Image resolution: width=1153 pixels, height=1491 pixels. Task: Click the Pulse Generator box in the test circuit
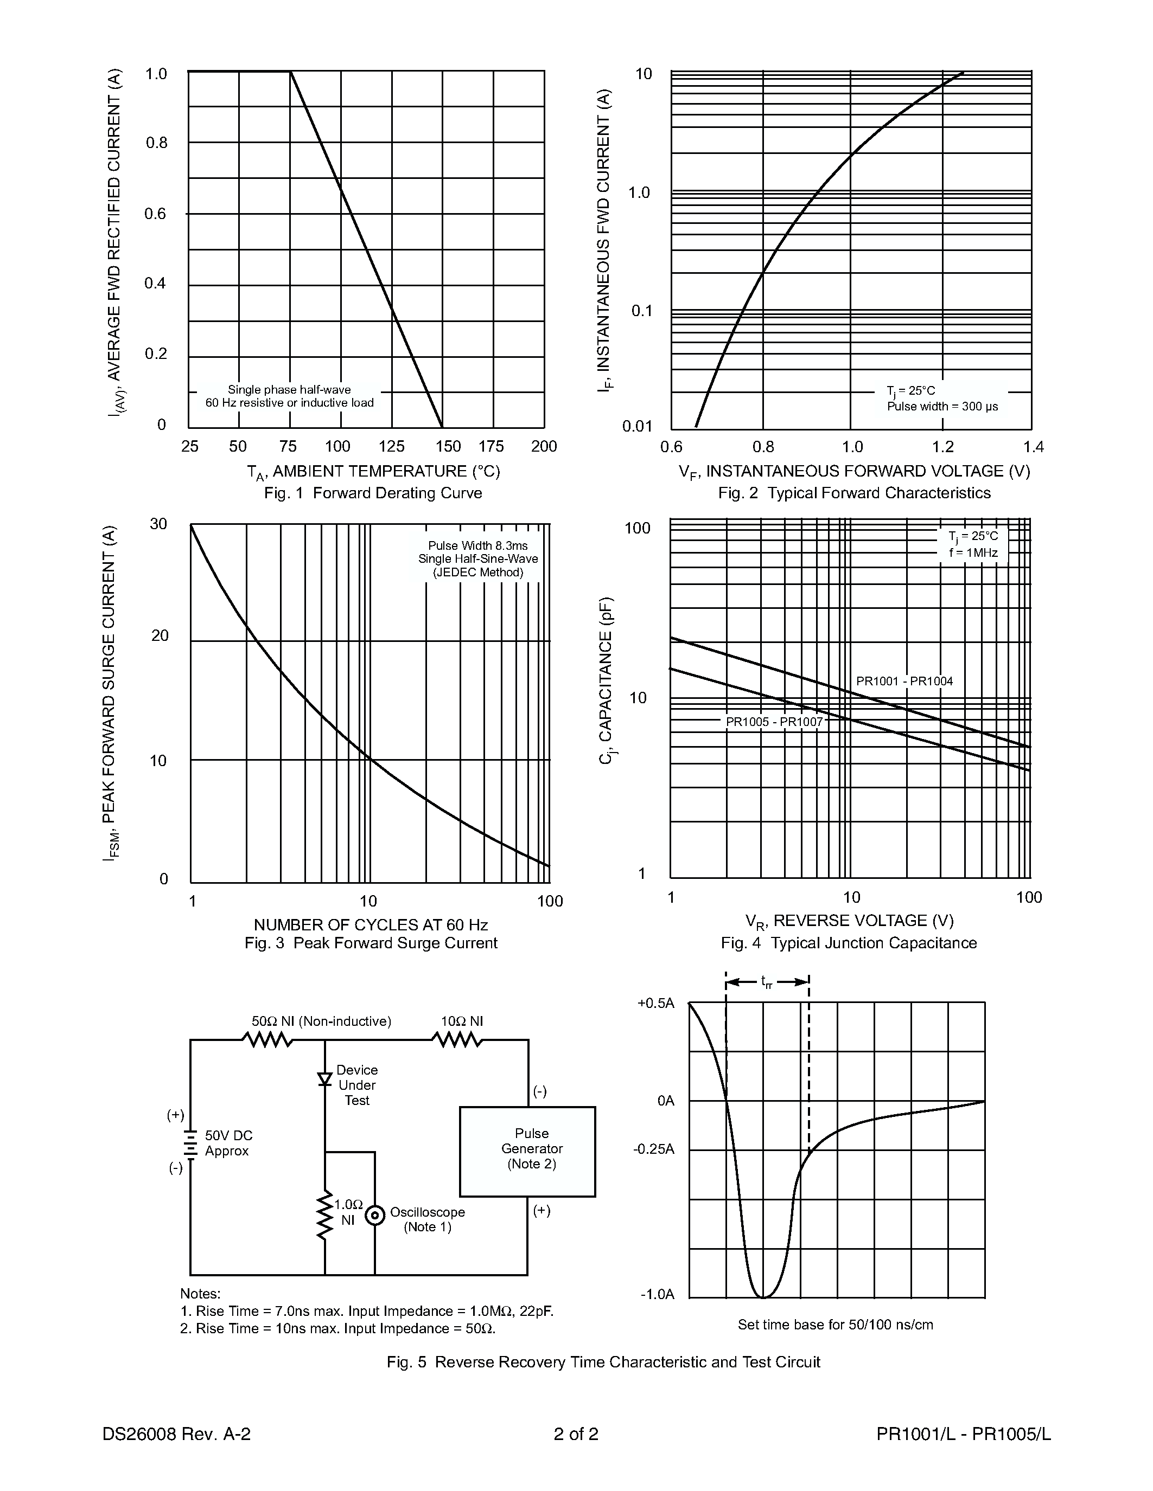(527, 1151)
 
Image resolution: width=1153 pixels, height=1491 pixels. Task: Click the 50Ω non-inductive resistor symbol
(267, 1040)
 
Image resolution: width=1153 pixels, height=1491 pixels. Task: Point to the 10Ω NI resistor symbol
(457, 1040)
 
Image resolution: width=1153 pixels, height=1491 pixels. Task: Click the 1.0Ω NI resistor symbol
(325, 1216)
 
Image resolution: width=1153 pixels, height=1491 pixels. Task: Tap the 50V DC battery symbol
(190, 1141)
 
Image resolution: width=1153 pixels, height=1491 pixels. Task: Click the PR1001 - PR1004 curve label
(904, 680)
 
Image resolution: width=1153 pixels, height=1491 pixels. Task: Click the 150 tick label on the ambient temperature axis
(448, 446)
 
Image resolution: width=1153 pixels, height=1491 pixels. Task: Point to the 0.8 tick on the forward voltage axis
(763, 447)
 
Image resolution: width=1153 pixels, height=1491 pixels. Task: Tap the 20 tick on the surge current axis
(159, 635)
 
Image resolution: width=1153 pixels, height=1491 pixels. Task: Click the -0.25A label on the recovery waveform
(654, 1149)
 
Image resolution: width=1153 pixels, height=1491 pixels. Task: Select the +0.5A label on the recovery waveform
(656, 1003)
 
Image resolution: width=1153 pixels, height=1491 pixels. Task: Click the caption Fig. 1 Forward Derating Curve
(373, 493)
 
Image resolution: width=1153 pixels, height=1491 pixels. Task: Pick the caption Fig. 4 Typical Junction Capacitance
(849, 943)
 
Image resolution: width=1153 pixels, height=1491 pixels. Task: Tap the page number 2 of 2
(576, 1434)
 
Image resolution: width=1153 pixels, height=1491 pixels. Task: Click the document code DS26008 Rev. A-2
(176, 1434)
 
